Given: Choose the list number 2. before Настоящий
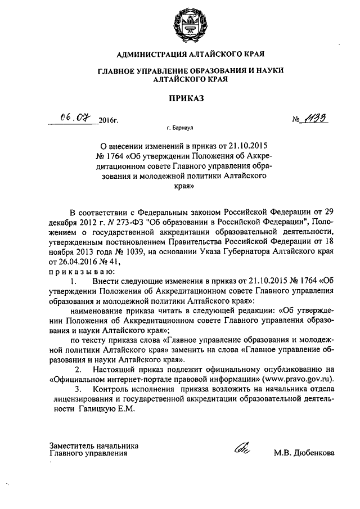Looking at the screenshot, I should tap(79, 369).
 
